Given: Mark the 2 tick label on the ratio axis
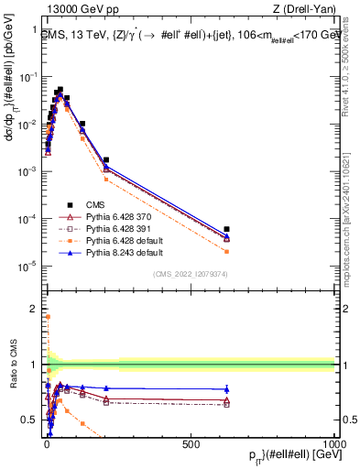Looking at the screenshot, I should pos(33,308).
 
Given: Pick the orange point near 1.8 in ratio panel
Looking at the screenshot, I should pos(48,317).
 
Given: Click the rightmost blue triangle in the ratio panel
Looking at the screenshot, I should pos(226,389).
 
